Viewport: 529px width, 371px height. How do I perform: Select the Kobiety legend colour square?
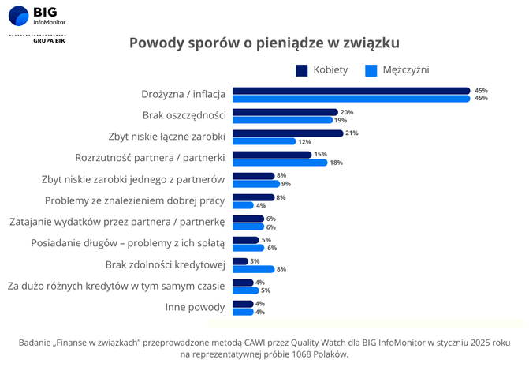(302, 70)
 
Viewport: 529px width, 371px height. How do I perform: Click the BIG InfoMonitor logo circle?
(18, 16)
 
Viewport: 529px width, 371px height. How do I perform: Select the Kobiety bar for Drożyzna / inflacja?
(351, 90)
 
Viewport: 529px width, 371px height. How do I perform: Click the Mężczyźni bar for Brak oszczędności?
(281, 120)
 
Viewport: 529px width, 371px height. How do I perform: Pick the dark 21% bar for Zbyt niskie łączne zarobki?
(288, 133)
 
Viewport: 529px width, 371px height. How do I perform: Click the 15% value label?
(320, 154)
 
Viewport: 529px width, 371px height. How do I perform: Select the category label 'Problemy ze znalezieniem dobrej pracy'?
(135, 200)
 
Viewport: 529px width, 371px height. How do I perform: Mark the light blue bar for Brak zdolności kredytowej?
(253, 269)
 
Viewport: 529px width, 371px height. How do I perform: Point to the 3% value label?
(255, 260)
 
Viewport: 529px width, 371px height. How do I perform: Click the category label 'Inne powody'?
(196, 307)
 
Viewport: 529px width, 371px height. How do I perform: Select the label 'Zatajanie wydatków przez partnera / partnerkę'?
(117, 222)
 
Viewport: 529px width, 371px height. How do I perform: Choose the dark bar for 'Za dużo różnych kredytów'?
(243, 283)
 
